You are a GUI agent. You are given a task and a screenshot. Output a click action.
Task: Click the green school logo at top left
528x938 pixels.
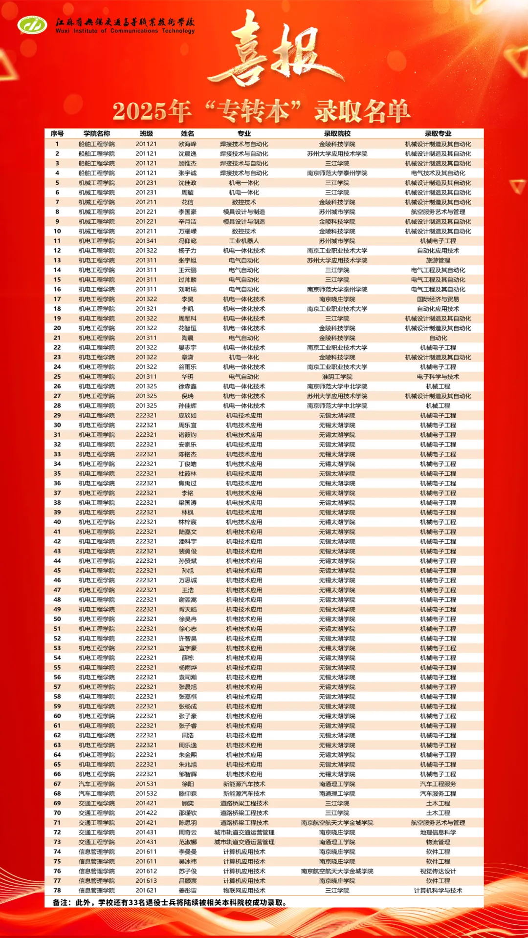pos(32,25)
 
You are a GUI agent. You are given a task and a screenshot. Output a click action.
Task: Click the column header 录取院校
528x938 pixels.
pos(337,133)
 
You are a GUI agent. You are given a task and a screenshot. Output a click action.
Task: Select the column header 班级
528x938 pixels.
pos(146,133)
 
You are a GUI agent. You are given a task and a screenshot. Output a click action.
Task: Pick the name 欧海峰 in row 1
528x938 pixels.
pos(187,144)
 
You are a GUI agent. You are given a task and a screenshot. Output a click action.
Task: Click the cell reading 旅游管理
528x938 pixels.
pos(438,260)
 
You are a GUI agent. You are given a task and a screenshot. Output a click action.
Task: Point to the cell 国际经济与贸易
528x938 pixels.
pos(438,299)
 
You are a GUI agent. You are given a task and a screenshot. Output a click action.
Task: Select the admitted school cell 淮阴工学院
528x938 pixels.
pos(337,377)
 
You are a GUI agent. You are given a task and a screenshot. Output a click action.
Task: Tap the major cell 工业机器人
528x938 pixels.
pos(244,241)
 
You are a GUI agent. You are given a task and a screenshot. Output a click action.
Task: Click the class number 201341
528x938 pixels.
pos(146,241)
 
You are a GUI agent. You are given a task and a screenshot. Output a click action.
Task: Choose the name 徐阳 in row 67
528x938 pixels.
pos(187,784)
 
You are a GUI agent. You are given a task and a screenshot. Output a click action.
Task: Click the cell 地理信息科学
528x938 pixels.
pos(438,832)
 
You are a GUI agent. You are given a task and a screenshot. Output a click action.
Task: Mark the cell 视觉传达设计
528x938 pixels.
pos(438,871)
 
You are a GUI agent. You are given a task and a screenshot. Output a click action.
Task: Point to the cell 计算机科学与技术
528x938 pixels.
pos(438,890)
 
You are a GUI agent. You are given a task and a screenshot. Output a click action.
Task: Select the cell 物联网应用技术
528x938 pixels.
pos(244,890)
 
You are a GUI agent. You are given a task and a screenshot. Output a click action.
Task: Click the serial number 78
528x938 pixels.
pos(57,890)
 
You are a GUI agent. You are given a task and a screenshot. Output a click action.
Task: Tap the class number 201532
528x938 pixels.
pos(146,793)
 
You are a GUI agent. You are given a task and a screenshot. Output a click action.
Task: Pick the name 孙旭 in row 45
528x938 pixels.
pos(187,571)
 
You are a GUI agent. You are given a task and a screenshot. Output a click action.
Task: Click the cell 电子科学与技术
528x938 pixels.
pos(438,377)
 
